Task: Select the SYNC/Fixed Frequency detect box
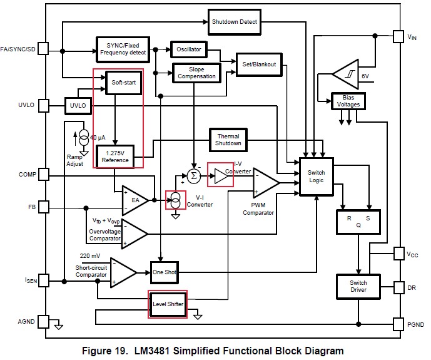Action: (x=123, y=49)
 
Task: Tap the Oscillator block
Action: (x=188, y=49)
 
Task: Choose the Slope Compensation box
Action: (x=196, y=73)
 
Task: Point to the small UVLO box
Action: (x=78, y=106)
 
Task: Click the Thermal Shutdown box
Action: (x=228, y=140)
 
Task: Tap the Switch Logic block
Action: (x=317, y=177)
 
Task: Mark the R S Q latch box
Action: (x=358, y=222)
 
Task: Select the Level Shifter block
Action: (x=168, y=304)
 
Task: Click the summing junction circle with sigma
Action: (x=194, y=175)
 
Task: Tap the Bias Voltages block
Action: (x=348, y=101)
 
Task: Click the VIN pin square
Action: (x=398, y=36)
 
